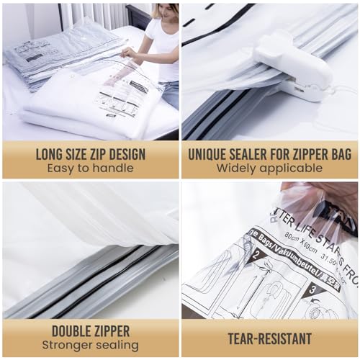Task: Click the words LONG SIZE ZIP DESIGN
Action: (90, 154)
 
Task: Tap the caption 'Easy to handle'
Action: (90, 168)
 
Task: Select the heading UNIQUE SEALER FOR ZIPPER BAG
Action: (269, 154)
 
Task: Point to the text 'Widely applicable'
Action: (269, 168)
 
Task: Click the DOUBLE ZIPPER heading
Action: (90, 331)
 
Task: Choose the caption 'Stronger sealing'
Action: (90, 346)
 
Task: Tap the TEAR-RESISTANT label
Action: (269, 338)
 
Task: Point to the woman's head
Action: (163, 11)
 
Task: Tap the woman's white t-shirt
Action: (161, 47)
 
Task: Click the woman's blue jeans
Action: (171, 94)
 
